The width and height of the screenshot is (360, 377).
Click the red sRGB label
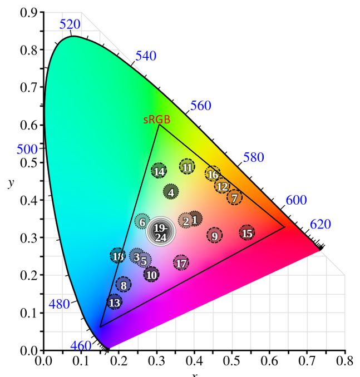[156, 120]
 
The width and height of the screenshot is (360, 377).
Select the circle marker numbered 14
[159, 171]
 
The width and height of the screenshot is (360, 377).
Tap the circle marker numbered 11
[188, 167]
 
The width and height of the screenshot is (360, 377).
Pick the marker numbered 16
[213, 175]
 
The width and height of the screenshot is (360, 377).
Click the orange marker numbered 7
[235, 197]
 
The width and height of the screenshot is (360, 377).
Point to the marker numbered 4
[171, 192]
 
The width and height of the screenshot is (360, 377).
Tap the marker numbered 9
[215, 236]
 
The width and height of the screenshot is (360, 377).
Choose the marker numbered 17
[181, 263]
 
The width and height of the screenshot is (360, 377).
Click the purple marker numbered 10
[151, 274]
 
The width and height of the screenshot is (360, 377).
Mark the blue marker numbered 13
[114, 303]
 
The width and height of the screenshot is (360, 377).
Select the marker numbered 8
[124, 285]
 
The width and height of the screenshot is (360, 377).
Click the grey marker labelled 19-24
[160, 232]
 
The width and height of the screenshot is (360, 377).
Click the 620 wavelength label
[320, 225]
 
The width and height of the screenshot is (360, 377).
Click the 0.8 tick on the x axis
[344, 361]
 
